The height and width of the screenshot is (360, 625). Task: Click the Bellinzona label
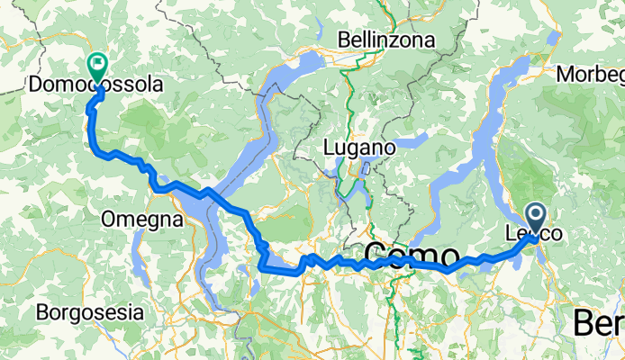386,40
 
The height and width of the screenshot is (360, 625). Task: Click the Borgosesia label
89,313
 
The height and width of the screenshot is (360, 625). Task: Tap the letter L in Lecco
510,235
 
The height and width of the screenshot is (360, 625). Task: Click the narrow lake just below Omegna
137,261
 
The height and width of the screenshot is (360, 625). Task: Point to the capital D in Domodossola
36,85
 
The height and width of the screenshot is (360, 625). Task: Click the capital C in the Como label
376,253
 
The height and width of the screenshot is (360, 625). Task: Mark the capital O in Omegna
108,220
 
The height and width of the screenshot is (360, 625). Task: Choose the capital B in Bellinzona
344,40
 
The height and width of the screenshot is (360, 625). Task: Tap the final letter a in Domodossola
158,85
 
